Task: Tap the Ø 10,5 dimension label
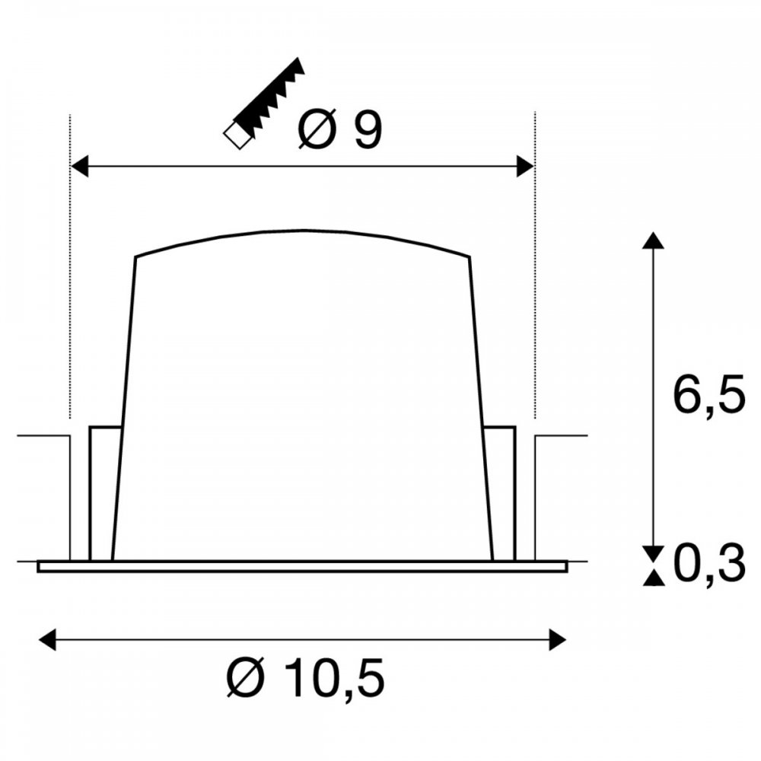pyautogui.click(x=306, y=677)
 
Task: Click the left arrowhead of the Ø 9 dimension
pyautogui.click(x=80, y=167)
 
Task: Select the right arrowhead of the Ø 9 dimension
pyautogui.click(x=525, y=167)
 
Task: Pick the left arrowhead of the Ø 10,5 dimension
pyautogui.click(x=47, y=639)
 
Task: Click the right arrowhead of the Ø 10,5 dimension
pyautogui.click(x=557, y=639)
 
